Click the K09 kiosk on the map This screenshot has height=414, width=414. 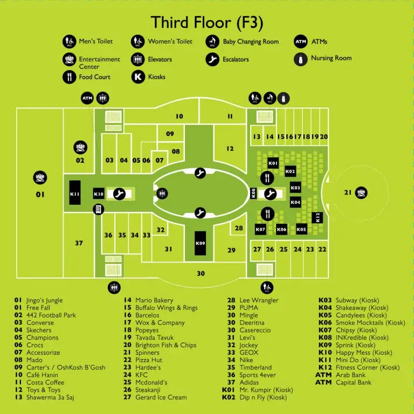[x=200, y=243]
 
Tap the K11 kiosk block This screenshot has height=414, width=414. [x=75, y=192]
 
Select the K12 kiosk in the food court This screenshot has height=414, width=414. [x=318, y=218]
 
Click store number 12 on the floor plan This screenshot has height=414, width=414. [x=230, y=149]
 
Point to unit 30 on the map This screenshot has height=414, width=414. [x=201, y=273]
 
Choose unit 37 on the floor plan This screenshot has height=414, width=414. [x=79, y=243]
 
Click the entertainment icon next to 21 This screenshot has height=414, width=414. [x=361, y=193]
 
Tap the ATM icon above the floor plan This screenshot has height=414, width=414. [x=87, y=98]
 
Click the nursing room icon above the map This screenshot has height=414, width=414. [x=284, y=99]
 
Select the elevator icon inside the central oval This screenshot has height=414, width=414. [x=162, y=194]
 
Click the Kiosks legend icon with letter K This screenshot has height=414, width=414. [x=138, y=77]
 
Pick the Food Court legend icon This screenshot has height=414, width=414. [x=70, y=77]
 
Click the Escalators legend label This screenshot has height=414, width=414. [x=236, y=59]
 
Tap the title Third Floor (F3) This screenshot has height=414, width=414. [x=207, y=22]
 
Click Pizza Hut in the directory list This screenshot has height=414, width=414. [x=149, y=360]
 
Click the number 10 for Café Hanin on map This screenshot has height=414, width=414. [x=180, y=116]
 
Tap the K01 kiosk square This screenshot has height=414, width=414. [x=273, y=163]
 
